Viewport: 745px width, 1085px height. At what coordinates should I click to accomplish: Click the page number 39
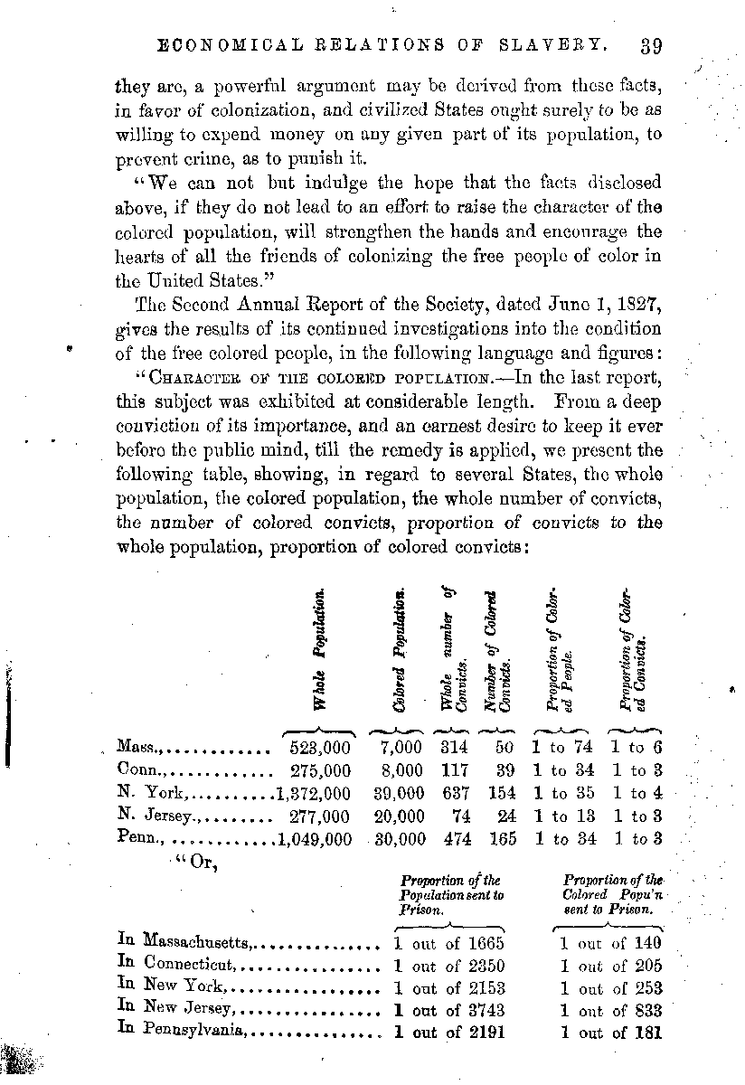tap(651, 46)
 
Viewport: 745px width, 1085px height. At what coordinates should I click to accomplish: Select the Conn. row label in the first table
tap(138, 770)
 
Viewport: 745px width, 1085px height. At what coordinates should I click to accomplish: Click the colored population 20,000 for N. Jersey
tap(399, 816)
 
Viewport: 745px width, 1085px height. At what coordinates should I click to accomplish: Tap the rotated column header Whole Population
tap(319, 651)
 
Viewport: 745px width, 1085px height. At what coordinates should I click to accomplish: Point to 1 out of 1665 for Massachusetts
tap(449, 943)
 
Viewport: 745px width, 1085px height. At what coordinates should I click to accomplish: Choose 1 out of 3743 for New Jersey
tap(449, 1010)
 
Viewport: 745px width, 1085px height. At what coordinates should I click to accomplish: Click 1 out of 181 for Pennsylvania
tap(611, 1032)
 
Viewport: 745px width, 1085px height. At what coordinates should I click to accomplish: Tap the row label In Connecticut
tap(177, 965)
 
